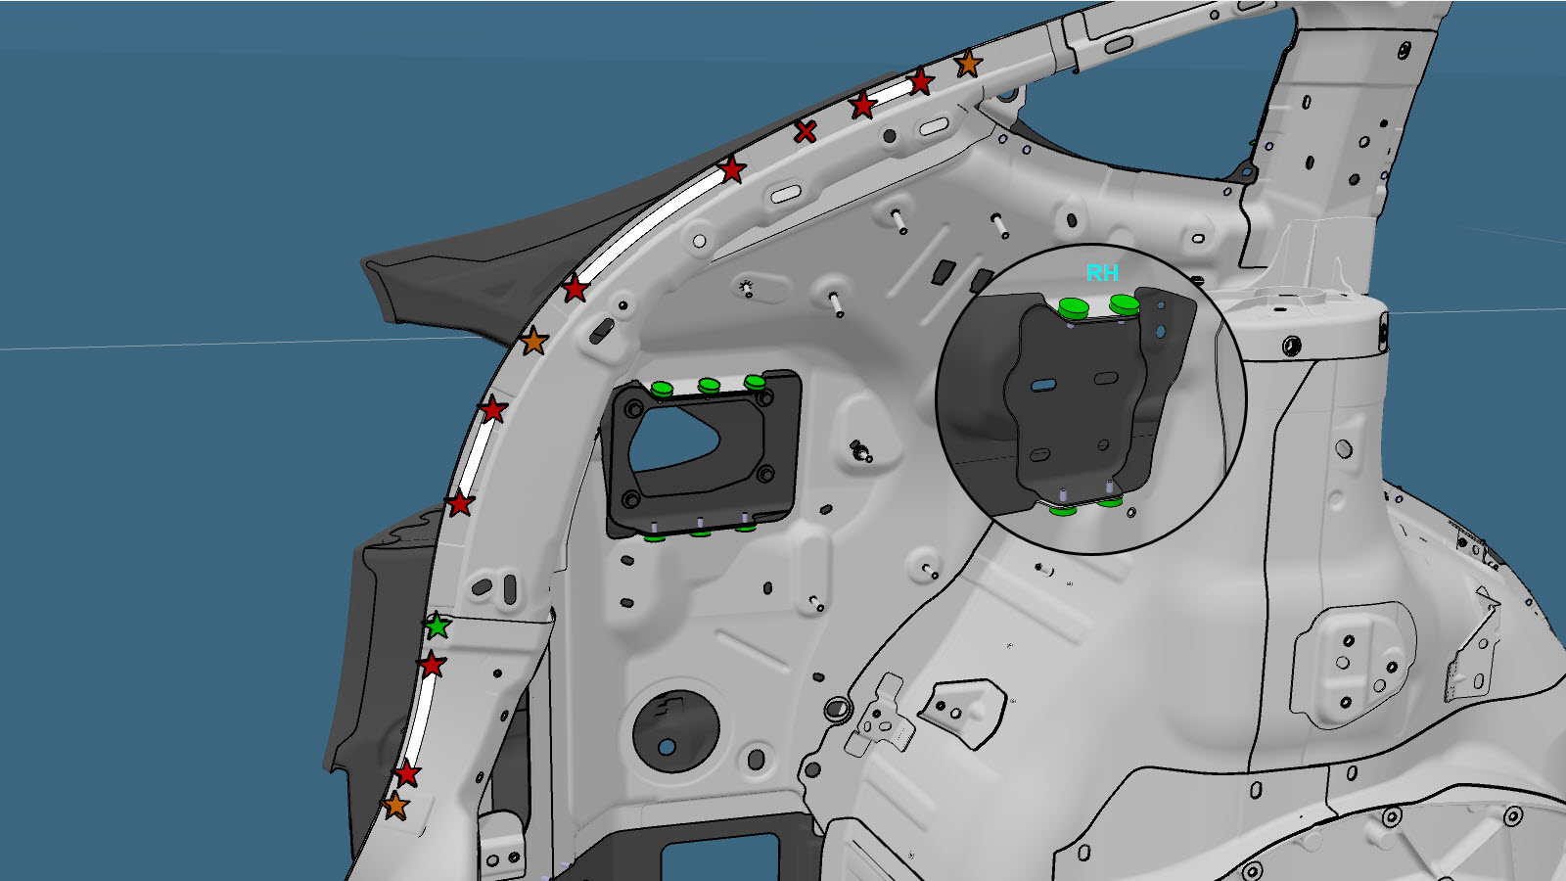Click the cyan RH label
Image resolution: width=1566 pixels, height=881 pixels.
tap(1102, 273)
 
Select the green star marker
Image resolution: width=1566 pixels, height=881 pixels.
tap(438, 626)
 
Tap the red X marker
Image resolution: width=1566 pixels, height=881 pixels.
tap(806, 131)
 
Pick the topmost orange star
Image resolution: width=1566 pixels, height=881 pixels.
tap(968, 64)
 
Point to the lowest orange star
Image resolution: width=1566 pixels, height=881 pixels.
tap(395, 806)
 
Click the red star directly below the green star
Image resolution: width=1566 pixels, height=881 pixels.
tap(432, 665)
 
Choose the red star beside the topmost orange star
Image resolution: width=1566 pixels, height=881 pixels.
tap(921, 82)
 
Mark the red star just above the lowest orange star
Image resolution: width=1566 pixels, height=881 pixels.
tap(407, 774)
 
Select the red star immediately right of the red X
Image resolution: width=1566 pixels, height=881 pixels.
tap(863, 106)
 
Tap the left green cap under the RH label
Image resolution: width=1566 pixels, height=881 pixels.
tap(1074, 307)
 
